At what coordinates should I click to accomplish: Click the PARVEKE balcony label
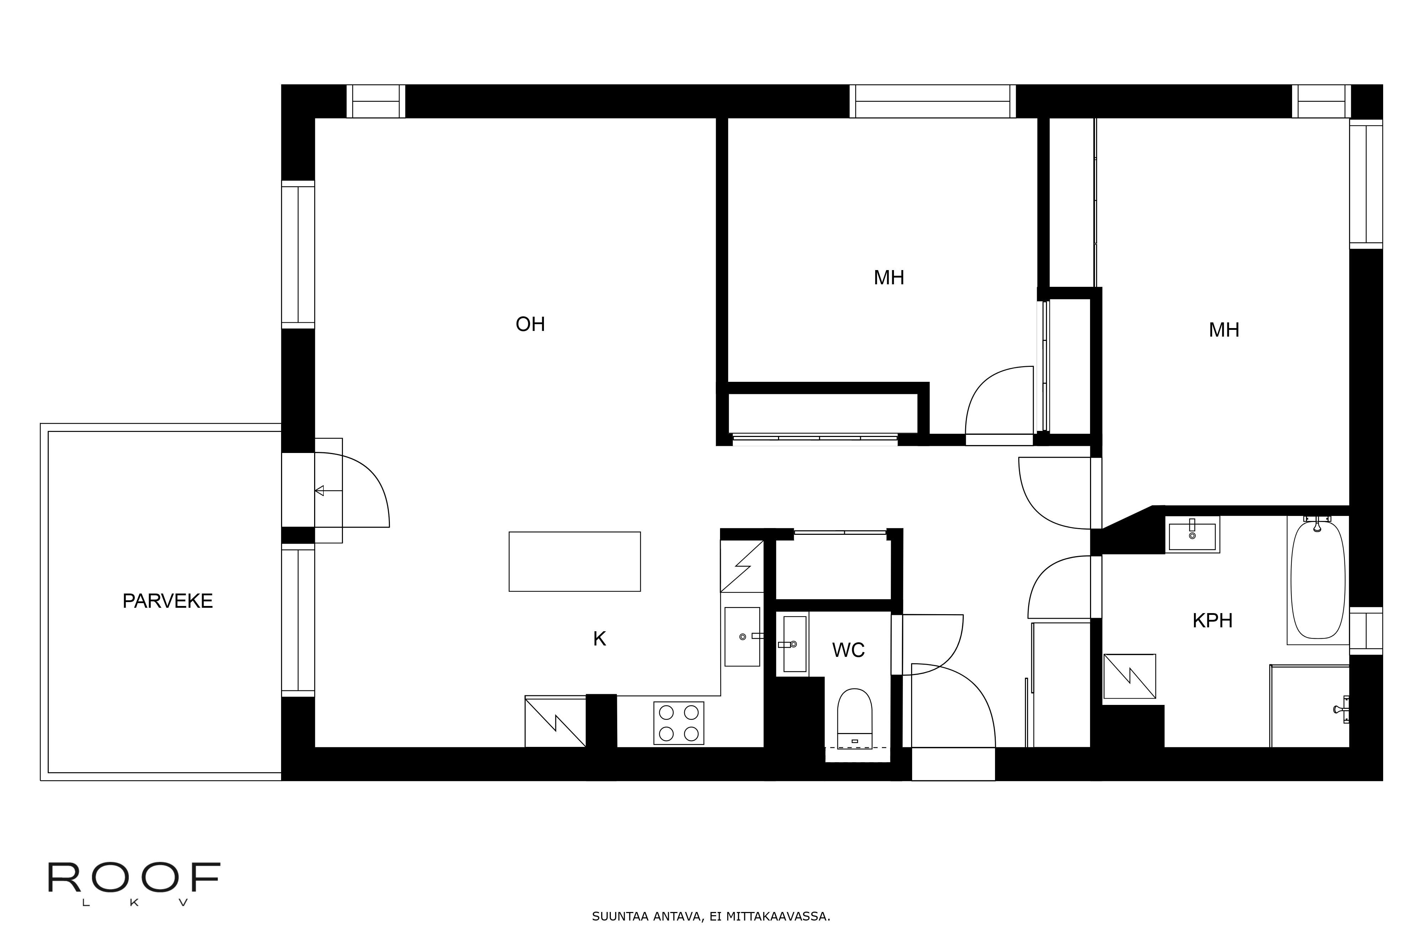[168, 601]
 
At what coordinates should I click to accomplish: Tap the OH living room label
[530, 325]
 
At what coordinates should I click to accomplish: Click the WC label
[848, 650]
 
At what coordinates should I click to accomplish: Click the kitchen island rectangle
[574, 562]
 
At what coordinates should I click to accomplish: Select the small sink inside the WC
[794, 644]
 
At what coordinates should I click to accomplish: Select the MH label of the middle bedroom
[888, 278]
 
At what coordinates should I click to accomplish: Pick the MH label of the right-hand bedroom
[1223, 330]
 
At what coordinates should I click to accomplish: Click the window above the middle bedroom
[932, 102]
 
